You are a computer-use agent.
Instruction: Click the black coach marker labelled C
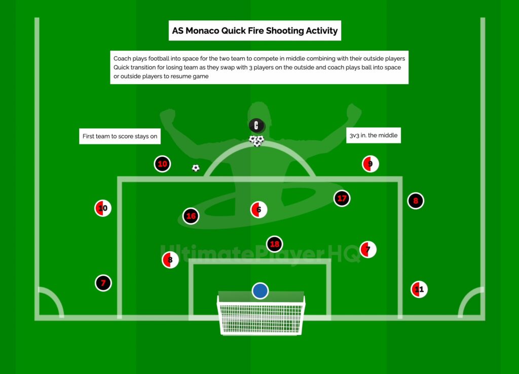coord(257,125)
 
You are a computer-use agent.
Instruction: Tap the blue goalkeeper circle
coord(260,290)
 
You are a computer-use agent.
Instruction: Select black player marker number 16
coord(191,216)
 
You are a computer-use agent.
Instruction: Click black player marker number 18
coord(274,244)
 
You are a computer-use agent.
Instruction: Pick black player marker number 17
coord(342,198)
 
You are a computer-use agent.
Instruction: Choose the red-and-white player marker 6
coord(258,209)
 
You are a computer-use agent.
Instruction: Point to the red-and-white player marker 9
coord(370,164)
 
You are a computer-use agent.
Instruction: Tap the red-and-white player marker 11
coord(419,289)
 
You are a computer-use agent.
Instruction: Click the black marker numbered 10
coord(162,164)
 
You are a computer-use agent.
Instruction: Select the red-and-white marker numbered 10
coord(103,208)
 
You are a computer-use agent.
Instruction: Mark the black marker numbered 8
coord(416,201)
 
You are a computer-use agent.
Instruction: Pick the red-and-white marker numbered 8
coord(170,260)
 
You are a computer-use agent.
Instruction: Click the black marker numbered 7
coord(103,283)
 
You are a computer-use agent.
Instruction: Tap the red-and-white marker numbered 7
coord(368,249)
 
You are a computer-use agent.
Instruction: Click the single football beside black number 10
coord(196,168)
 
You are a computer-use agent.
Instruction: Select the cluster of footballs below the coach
coord(256,140)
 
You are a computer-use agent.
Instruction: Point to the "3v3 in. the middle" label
coord(374,136)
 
